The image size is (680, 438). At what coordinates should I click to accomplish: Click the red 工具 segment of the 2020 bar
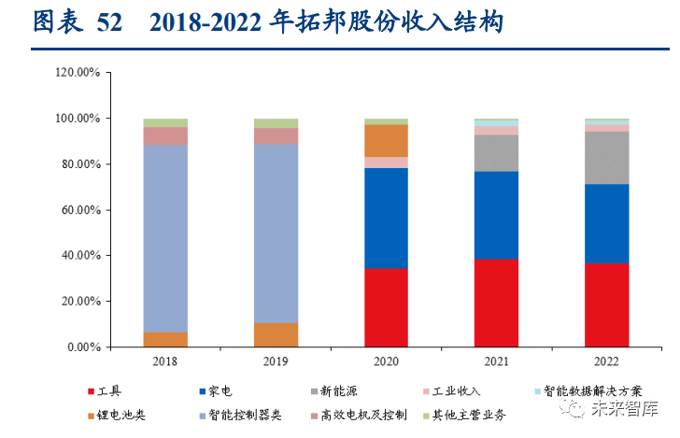coord(386,307)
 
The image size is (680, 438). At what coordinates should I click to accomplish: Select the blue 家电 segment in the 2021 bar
coord(496,215)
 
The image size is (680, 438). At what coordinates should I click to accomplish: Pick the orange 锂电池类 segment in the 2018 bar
coord(165,339)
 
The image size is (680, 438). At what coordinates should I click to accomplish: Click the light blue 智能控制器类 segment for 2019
coord(276,233)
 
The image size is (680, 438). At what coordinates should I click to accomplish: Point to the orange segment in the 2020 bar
coord(386,140)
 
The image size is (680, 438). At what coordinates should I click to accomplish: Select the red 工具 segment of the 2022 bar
coord(606,304)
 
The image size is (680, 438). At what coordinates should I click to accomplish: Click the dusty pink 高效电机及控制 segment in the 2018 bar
coord(165,135)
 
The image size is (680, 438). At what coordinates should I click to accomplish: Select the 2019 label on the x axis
coord(276,360)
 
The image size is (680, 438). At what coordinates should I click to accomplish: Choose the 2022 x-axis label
coord(606,360)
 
